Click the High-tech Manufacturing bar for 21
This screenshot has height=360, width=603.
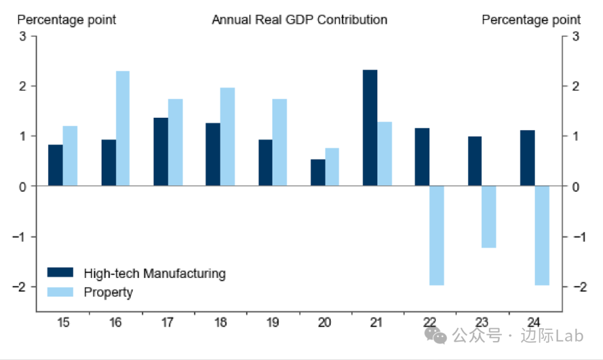370,128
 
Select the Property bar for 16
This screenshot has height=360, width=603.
123,128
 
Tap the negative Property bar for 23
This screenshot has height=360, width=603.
489,217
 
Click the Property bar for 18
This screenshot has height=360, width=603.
227,137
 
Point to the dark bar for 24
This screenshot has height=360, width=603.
527,158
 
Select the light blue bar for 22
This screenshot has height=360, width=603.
437,235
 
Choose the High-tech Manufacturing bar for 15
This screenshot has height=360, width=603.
55,165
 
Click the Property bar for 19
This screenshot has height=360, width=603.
280,142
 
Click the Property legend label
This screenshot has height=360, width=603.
108,292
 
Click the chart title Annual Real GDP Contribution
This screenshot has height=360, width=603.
299,20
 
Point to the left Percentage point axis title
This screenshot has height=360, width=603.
67,20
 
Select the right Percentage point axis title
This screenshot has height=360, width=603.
531,20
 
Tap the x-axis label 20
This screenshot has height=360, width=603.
325,323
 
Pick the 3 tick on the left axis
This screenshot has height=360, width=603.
23,36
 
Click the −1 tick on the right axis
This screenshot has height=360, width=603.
575,237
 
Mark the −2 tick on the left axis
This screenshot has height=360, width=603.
20,286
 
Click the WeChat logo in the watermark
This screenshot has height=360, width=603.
436,335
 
